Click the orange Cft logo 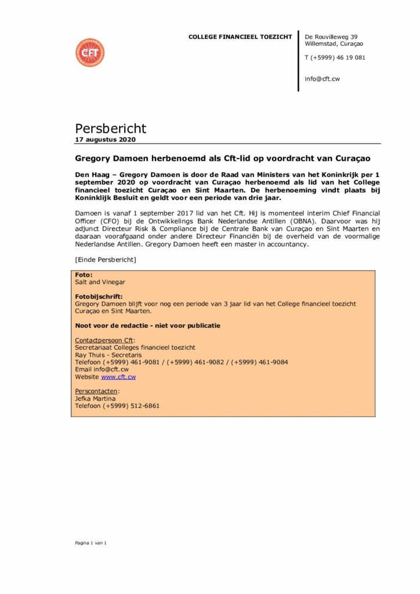[x=89, y=52]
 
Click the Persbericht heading [x=110, y=128]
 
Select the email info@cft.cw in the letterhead [x=322, y=78]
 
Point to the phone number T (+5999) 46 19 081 [x=335, y=57]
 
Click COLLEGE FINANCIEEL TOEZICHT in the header [x=240, y=37]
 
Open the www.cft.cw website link [x=118, y=376]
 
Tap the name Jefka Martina [x=96, y=399]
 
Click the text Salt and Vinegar [x=100, y=282]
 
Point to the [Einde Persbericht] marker [x=106, y=259]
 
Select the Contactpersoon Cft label [x=104, y=340]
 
